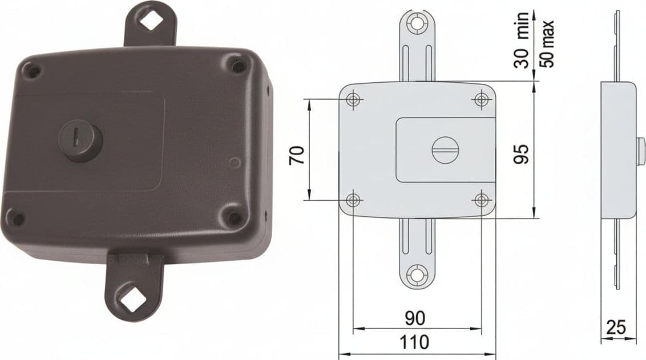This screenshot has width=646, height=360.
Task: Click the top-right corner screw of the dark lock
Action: (238, 65)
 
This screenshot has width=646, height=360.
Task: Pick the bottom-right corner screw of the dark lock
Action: (235, 217)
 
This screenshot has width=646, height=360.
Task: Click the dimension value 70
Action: (297, 155)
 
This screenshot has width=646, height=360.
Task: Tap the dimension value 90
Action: (415, 318)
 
